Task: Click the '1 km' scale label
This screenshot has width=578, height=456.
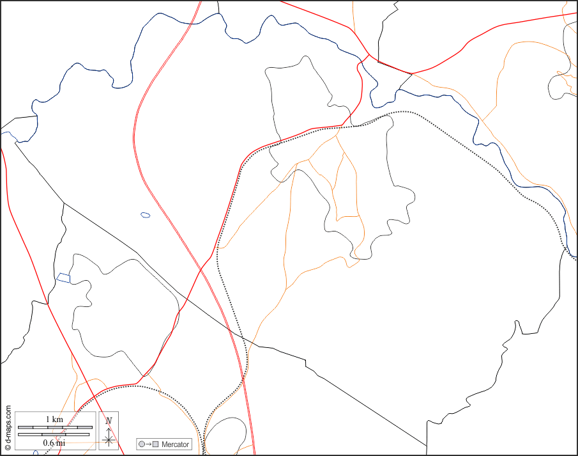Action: pyautogui.click(x=54, y=419)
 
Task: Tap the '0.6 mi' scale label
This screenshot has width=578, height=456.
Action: pyautogui.click(x=54, y=443)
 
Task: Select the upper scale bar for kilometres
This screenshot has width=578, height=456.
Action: pyautogui.click(x=54, y=427)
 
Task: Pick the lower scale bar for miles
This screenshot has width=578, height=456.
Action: pyautogui.click(x=54, y=435)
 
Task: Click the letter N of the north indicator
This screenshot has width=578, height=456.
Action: pyautogui.click(x=109, y=420)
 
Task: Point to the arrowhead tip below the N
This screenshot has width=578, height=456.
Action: pyautogui.click(x=109, y=428)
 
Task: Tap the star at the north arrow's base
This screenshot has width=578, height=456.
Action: pyautogui.click(x=109, y=440)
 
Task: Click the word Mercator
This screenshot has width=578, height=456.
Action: pyautogui.click(x=175, y=444)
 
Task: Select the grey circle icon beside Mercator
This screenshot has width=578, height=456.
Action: pyautogui.click(x=142, y=444)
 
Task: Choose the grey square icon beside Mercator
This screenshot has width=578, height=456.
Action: pyautogui.click(x=155, y=444)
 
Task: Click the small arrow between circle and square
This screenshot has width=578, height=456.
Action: pyautogui.click(x=148, y=444)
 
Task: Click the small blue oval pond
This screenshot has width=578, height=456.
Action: pyautogui.click(x=146, y=215)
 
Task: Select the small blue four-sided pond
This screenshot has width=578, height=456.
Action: pyautogui.click(x=63, y=278)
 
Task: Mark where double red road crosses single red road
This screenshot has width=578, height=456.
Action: pyautogui.click(x=201, y=268)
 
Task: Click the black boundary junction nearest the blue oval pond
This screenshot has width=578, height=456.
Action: pyautogui.click(x=63, y=203)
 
